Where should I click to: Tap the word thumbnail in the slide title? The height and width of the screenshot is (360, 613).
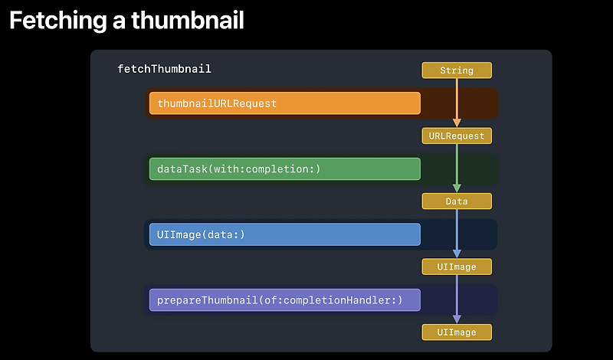click(x=188, y=21)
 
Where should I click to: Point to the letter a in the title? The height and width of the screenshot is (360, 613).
click(x=120, y=22)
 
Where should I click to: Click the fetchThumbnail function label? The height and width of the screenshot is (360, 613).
click(x=164, y=69)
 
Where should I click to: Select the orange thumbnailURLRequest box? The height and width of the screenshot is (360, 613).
click(x=284, y=103)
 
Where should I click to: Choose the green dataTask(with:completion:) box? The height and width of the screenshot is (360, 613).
click(x=284, y=169)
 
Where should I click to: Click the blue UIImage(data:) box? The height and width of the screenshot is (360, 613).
click(x=284, y=234)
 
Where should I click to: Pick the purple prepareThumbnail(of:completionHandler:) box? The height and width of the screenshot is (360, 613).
click(x=284, y=299)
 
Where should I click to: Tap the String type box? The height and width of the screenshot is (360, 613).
click(x=457, y=70)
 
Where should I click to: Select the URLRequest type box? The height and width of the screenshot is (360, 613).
click(x=457, y=136)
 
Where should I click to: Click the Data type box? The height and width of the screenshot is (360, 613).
click(x=457, y=201)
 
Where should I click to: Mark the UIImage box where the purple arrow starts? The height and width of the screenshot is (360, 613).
click(x=457, y=267)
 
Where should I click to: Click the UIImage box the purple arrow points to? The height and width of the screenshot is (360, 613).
click(x=457, y=332)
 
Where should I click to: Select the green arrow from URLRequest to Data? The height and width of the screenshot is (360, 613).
click(x=457, y=165)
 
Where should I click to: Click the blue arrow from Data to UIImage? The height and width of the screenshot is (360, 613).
click(x=457, y=230)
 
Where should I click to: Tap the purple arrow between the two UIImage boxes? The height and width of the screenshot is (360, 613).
click(x=457, y=296)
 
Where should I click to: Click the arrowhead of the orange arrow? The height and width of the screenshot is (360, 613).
click(x=457, y=123)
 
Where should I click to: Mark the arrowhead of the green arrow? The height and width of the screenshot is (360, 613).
click(x=457, y=188)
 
